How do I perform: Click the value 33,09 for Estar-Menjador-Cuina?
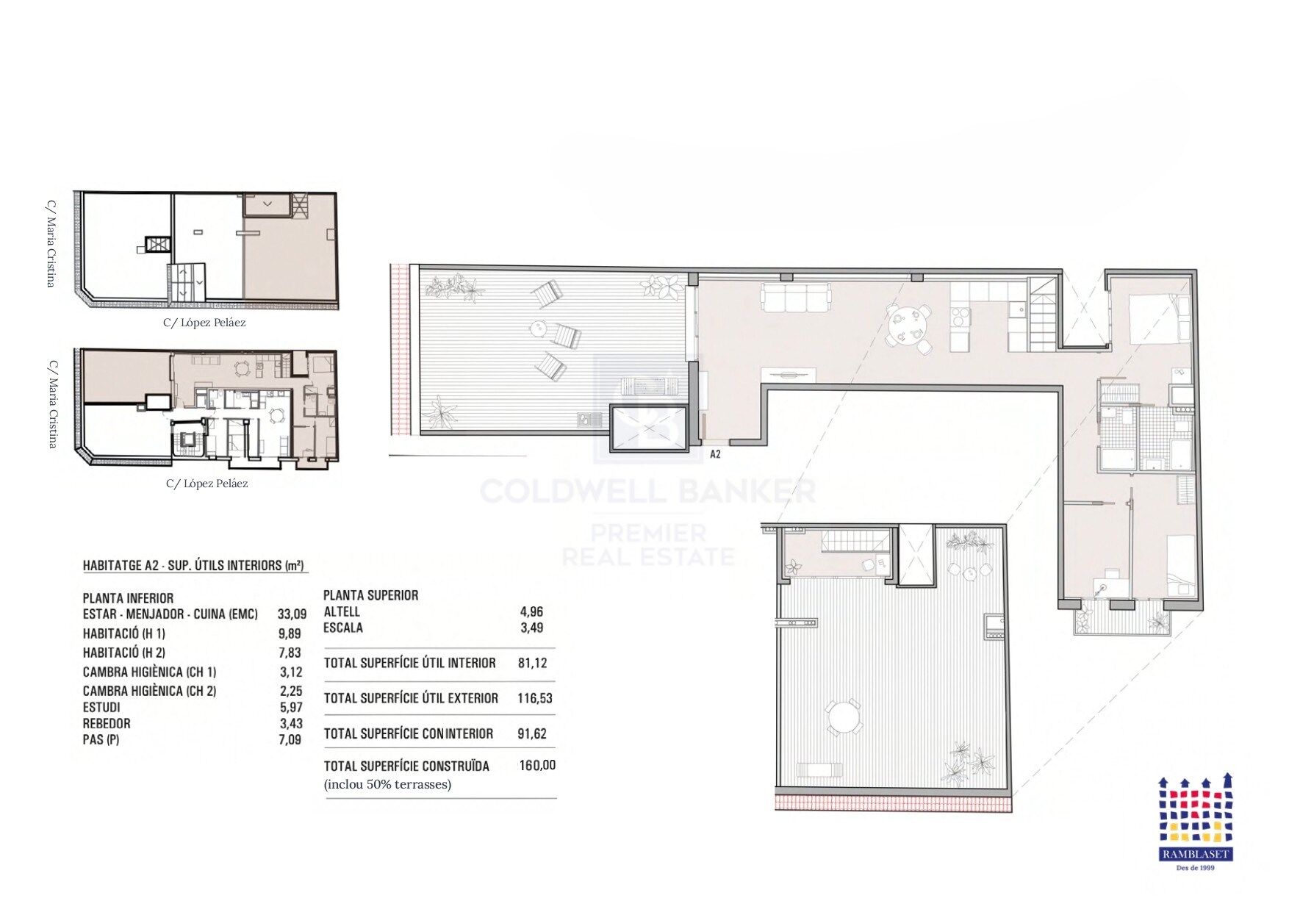[x=292, y=614]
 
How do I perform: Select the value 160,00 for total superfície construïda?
[x=537, y=766]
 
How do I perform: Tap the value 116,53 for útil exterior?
[x=534, y=698]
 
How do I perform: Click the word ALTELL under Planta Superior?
[x=342, y=611]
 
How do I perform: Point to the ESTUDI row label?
[x=101, y=707]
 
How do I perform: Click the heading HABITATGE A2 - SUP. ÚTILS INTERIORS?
[x=193, y=565]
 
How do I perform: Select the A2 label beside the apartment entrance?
[x=715, y=455]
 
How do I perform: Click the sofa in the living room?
[x=796, y=298]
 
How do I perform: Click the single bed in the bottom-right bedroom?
[x=1180, y=564]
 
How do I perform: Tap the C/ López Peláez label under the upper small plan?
[x=204, y=323]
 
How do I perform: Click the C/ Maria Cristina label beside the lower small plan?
[x=52, y=403]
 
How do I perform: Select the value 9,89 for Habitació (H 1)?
[x=290, y=633]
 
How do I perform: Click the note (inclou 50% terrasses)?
[x=387, y=784]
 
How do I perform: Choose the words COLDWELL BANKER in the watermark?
[x=647, y=491]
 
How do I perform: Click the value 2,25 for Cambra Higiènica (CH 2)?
[x=291, y=691]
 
